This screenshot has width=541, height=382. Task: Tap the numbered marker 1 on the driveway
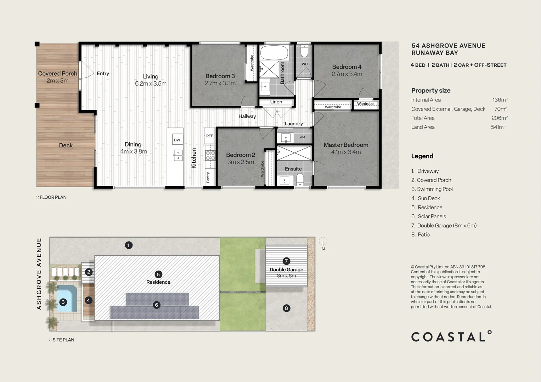[129, 245]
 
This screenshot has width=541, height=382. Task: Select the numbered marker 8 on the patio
[286, 308]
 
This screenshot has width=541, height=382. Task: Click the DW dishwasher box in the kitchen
[177, 140]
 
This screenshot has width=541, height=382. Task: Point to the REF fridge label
[209, 136]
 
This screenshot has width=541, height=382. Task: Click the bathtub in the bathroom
[274, 53]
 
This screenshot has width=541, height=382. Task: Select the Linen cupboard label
[276, 102]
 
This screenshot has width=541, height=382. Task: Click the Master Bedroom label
[346, 145]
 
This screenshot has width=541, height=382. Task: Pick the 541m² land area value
[498, 127]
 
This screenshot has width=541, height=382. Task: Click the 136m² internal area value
[500, 100]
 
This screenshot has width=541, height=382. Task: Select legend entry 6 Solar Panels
[429, 216]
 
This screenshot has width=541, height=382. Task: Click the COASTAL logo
[451, 336]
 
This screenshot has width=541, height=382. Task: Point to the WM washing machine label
[302, 137]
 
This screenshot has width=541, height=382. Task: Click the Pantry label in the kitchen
[208, 178]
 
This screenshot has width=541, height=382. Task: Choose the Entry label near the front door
[103, 74]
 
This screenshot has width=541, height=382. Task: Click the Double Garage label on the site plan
[286, 270]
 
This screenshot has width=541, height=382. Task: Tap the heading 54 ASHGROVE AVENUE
[449, 46]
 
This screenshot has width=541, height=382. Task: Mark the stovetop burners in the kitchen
[210, 156]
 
